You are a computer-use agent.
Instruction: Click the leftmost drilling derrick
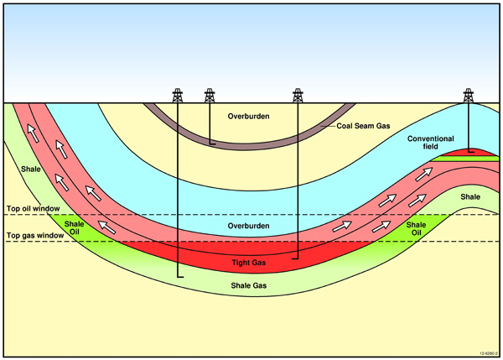pyautogui.click(x=178, y=95)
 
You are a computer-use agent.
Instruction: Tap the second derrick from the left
pyautogui.click(x=210, y=95)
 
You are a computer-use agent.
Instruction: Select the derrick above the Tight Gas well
pyautogui.click(x=298, y=95)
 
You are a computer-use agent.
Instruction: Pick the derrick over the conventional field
pyautogui.click(x=468, y=95)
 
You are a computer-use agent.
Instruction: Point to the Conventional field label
pyautogui.click(x=430, y=143)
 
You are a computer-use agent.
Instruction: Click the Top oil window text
pyautogui.click(x=31, y=207)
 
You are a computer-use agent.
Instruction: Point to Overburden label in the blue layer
pyautogui.click(x=248, y=227)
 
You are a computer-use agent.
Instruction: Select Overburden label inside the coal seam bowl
pyautogui.click(x=248, y=116)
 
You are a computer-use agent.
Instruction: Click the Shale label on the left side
pyautogui.click(x=31, y=170)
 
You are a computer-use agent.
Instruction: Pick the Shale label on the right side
pyautogui.click(x=469, y=197)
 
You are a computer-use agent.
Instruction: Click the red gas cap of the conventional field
pyautogui.click(x=469, y=152)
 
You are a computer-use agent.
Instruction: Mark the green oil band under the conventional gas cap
pyautogui.click(x=469, y=159)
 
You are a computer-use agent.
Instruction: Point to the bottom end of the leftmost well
pyautogui.click(x=179, y=276)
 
